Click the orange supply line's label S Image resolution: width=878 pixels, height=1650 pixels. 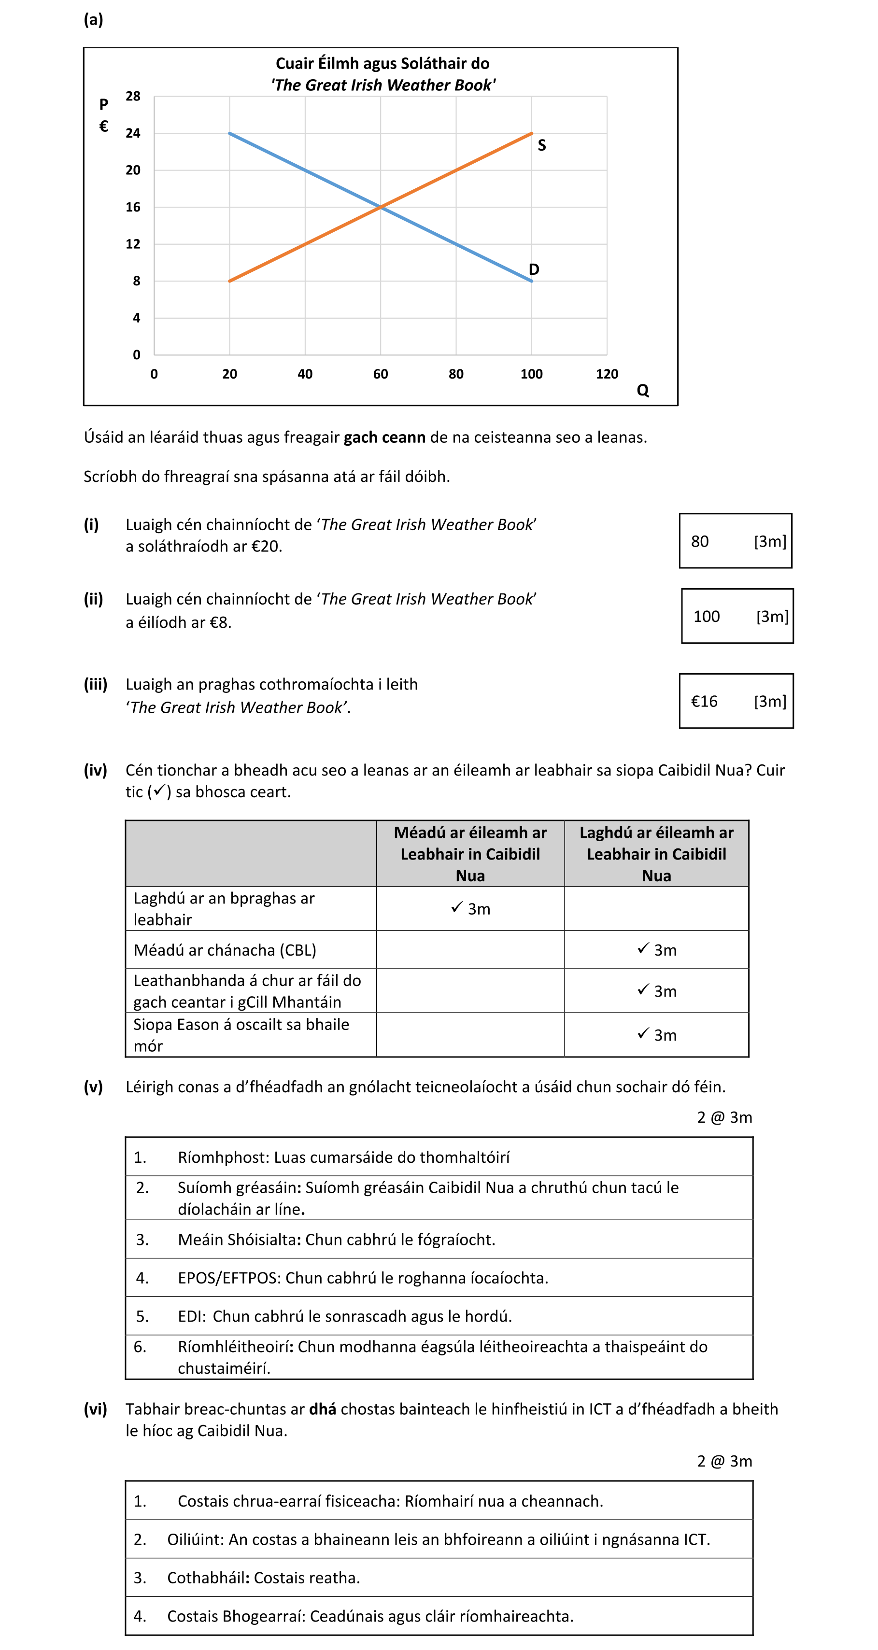[x=542, y=145]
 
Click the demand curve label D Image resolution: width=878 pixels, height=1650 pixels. [x=534, y=269]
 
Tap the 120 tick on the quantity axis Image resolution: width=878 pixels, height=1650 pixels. [x=607, y=374]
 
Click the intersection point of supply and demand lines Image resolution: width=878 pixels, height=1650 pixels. [x=381, y=207]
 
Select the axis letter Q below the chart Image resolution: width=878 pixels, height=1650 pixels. [x=642, y=391]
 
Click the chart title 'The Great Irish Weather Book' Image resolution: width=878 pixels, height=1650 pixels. [x=382, y=85]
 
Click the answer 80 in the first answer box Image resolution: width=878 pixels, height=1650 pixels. [x=699, y=542]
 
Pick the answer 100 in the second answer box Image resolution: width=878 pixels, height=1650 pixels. [x=707, y=617]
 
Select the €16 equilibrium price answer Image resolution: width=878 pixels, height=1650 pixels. [x=704, y=702]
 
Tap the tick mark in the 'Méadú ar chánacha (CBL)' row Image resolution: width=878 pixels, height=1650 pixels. [x=643, y=949]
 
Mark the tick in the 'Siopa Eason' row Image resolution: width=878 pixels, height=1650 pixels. [x=643, y=1033]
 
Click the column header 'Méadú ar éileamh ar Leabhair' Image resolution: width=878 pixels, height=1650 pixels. [x=470, y=853]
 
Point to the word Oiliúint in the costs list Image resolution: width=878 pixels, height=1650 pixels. [x=195, y=1539]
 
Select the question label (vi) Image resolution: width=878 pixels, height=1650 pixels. [x=96, y=1409]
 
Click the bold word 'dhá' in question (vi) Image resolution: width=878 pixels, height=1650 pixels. [x=322, y=1409]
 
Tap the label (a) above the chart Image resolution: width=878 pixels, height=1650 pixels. [x=94, y=20]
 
